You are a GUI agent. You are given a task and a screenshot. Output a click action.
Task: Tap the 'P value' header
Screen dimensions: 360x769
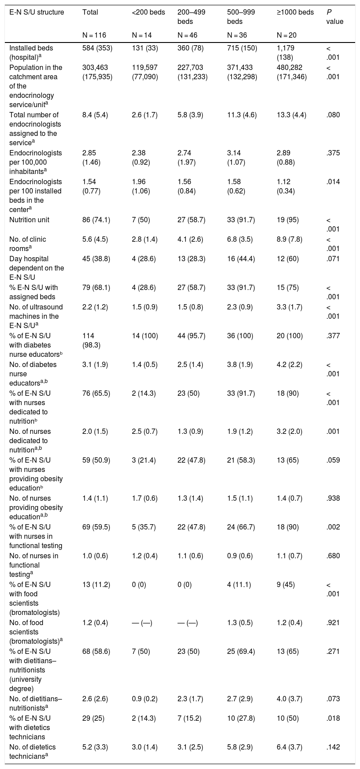[334, 17]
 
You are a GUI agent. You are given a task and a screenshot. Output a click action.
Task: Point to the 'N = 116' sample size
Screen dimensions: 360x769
[94, 35]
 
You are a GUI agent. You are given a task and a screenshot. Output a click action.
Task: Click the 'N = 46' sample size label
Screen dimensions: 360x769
[188, 35]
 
